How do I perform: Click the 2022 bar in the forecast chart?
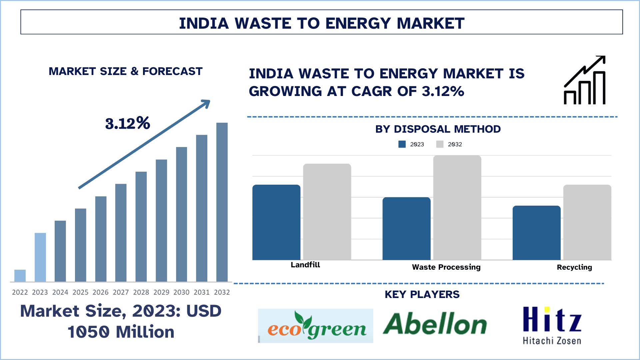point(20,276)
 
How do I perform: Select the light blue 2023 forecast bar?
point(40,257)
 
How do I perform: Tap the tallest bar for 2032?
point(222,202)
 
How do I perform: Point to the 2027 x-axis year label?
point(121,292)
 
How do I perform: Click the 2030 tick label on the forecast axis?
point(181,292)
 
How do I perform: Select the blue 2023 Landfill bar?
point(276,222)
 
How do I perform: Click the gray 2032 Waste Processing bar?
point(457,208)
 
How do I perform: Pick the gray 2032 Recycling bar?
point(587,222)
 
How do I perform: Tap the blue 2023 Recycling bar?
point(536,233)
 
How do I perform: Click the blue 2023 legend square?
point(402,144)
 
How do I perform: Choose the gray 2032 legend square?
point(440,144)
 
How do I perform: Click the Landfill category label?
point(305,265)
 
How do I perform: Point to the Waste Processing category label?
point(446,267)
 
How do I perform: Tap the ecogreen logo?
point(316,326)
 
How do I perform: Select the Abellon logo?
point(435,324)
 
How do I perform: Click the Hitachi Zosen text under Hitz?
point(552,341)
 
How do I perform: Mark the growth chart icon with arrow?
point(584,80)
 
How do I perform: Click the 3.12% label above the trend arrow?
point(128,123)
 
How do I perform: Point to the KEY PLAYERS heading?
point(422,295)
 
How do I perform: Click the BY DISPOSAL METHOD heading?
point(438,129)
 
